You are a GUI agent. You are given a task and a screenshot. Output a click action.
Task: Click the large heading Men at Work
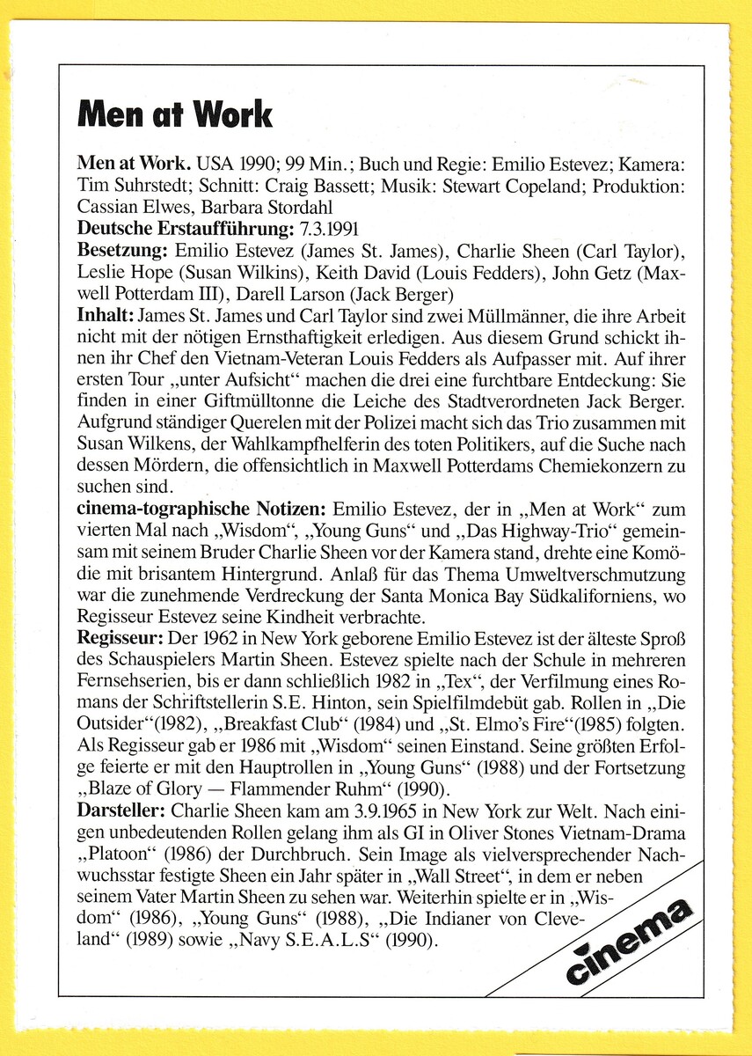pos(175,114)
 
